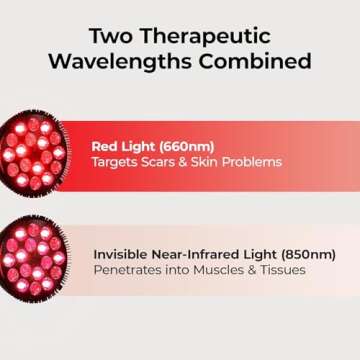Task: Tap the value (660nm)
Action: click(190, 143)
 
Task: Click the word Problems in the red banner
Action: click(252, 161)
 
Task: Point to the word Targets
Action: click(114, 161)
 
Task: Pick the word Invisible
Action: click(123, 253)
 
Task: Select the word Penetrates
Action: click(129, 270)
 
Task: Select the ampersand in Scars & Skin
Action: click(186, 161)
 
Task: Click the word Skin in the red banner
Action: click(208, 161)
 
